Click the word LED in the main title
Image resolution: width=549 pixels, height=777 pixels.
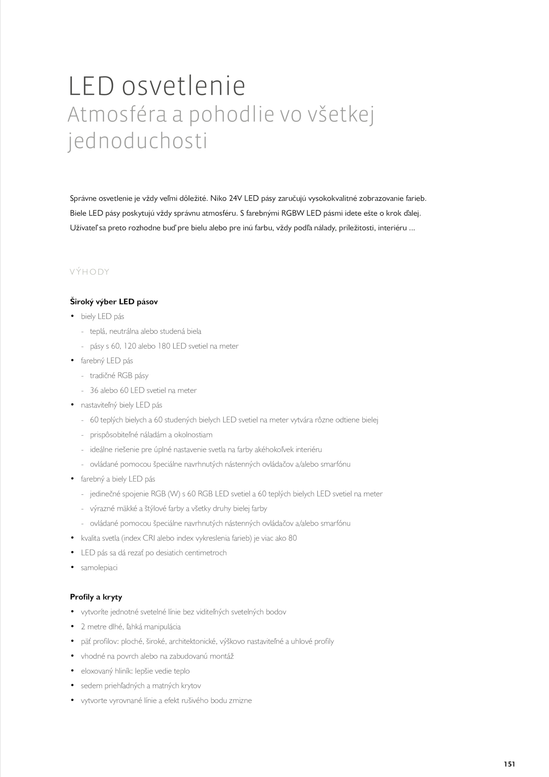click(x=91, y=86)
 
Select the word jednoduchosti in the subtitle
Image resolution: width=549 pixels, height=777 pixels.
click(x=138, y=141)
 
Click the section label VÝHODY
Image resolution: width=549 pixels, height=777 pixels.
click(x=90, y=272)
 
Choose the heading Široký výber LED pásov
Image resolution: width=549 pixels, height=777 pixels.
click(x=114, y=302)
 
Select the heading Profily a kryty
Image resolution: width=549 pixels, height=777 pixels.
click(x=96, y=597)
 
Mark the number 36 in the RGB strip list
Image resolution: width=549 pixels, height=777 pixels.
click(x=94, y=390)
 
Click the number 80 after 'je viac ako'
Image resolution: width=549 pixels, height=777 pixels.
click(x=292, y=538)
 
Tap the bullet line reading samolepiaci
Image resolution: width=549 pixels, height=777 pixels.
click(x=99, y=568)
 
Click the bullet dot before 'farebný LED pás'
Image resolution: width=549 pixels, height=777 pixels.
click(x=72, y=360)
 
